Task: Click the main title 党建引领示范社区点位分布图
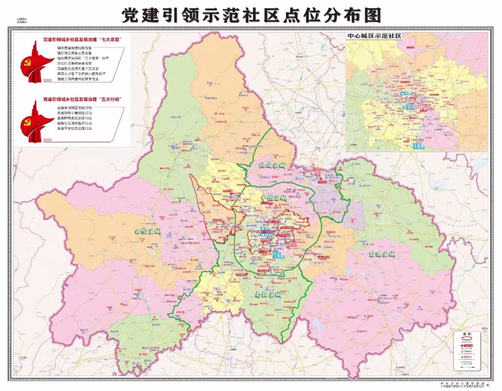[251, 15]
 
